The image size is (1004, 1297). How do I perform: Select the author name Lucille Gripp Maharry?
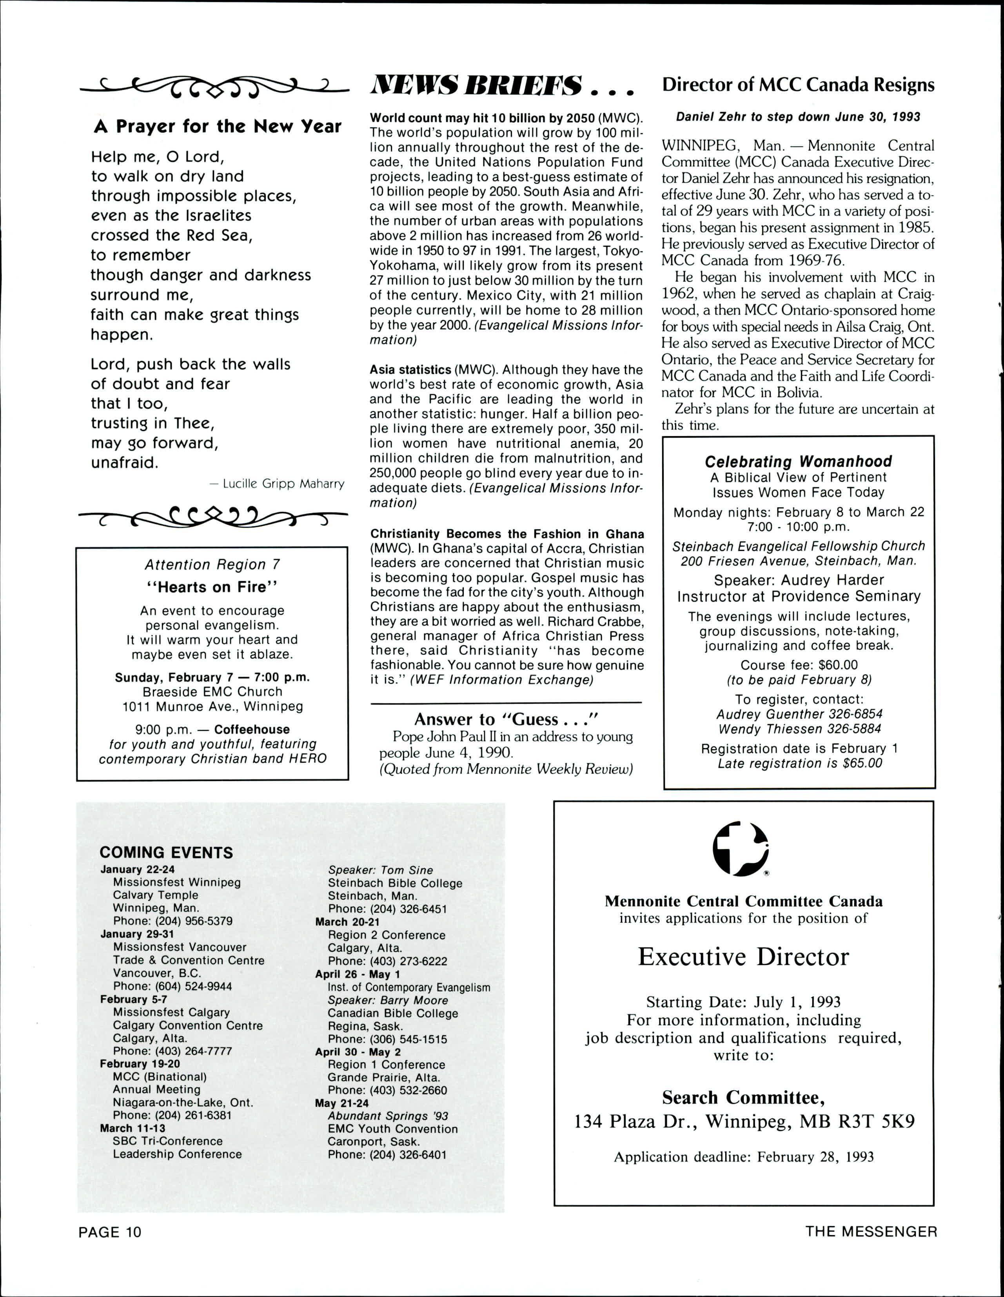(277, 484)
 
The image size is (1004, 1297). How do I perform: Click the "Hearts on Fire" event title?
(212, 587)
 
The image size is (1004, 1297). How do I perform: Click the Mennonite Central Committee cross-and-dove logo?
(741, 848)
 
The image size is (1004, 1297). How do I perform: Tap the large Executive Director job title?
(743, 957)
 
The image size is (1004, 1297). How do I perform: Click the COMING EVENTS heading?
(166, 853)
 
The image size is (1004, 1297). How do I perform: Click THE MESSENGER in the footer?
(871, 1231)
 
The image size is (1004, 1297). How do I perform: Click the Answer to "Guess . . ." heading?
(506, 720)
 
